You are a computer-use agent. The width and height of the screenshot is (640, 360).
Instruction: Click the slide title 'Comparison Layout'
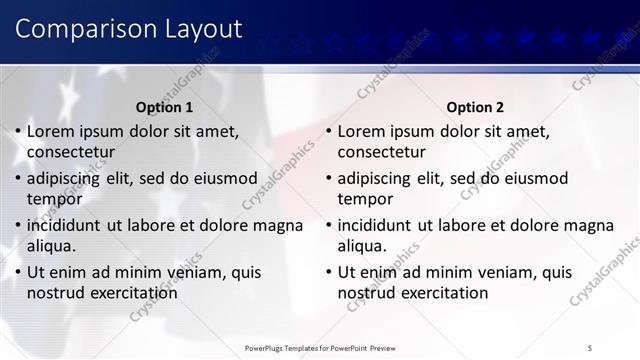(129, 29)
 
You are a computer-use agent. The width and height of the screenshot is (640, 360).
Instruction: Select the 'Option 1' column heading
(165, 107)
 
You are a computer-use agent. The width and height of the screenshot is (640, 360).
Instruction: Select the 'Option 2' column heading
(475, 107)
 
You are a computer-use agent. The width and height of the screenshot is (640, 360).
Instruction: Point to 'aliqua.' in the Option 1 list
(52, 246)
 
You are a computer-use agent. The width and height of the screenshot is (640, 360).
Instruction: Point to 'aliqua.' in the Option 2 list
(363, 246)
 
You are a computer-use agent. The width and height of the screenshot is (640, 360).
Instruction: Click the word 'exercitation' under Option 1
(132, 293)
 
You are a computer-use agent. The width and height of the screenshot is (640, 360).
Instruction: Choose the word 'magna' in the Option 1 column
(279, 225)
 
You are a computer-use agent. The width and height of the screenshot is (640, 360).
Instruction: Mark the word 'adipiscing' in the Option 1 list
(68, 178)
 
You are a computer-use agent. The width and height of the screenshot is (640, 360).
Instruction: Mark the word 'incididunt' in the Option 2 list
(379, 225)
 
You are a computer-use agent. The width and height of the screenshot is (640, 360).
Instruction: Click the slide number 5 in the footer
(590, 346)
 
